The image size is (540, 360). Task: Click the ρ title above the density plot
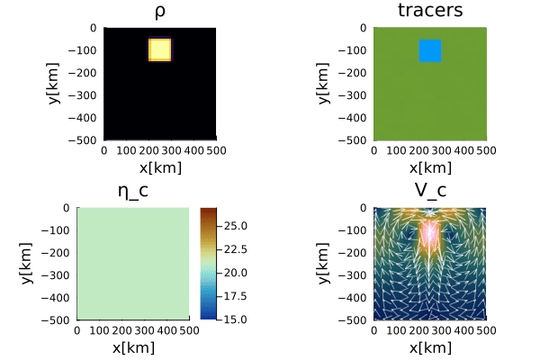pos(160,13)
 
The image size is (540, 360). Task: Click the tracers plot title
pos(430,10)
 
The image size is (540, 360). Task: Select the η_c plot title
pos(133,191)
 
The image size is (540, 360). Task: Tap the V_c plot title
pos(430,190)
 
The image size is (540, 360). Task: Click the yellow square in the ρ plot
pos(160,50)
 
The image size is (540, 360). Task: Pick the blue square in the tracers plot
pos(430,50)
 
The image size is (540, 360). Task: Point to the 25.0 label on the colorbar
pos(236,226)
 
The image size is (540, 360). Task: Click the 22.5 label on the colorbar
pos(236,249)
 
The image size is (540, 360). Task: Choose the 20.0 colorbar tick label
pos(236,273)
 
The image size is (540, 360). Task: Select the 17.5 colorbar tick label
pos(236,296)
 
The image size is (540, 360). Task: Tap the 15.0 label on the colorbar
pos(236,319)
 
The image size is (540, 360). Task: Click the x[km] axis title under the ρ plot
pos(160,168)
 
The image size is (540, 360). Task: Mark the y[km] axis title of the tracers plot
pos(323,83)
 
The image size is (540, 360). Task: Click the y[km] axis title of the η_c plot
pos(26,263)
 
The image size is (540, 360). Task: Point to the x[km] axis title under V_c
pos(430,348)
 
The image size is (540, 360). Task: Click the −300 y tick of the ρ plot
pos(82,95)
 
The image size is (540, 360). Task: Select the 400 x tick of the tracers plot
pos(463,150)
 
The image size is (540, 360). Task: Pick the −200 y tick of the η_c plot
pos(56,253)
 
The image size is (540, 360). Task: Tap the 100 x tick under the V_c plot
pos(396,330)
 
